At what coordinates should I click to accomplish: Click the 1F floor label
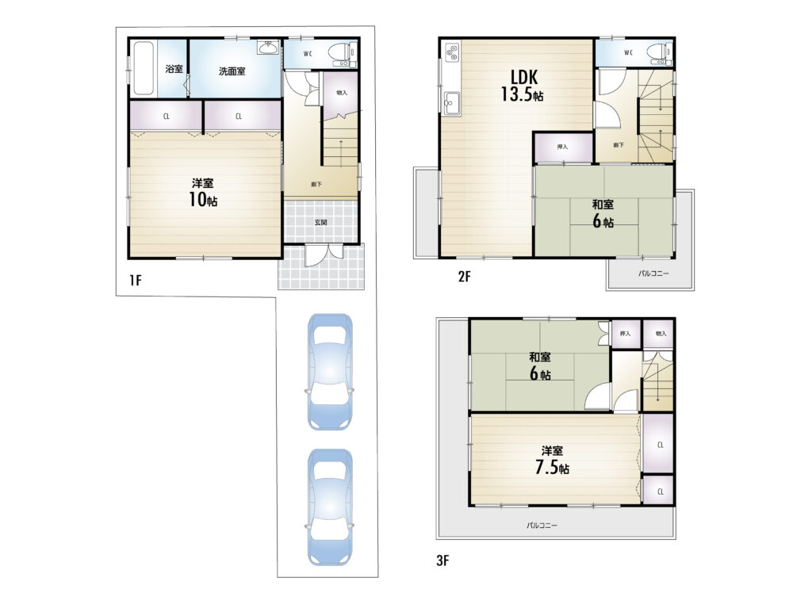click(135, 280)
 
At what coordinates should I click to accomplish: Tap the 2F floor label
click(464, 277)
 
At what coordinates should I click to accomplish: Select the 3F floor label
click(442, 560)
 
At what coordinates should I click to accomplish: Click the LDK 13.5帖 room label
click(523, 86)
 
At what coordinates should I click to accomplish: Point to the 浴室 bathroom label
click(174, 69)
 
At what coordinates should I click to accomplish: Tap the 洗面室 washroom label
click(232, 71)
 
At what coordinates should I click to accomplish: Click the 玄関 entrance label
click(320, 222)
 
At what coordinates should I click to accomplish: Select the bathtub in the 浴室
click(143, 67)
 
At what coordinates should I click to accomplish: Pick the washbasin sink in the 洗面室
click(267, 48)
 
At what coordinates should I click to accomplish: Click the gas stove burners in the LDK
click(452, 52)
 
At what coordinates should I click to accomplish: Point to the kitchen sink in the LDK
click(451, 104)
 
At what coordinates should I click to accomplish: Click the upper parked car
click(330, 372)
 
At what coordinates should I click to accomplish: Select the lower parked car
click(330, 507)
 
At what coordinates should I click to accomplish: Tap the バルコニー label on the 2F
click(653, 273)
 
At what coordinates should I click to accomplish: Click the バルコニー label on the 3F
click(542, 526)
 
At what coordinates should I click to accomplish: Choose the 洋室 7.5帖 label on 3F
click(552, 460)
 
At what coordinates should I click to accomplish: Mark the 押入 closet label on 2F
click(562, 147)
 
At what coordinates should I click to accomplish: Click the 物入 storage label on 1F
click(342, 93)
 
